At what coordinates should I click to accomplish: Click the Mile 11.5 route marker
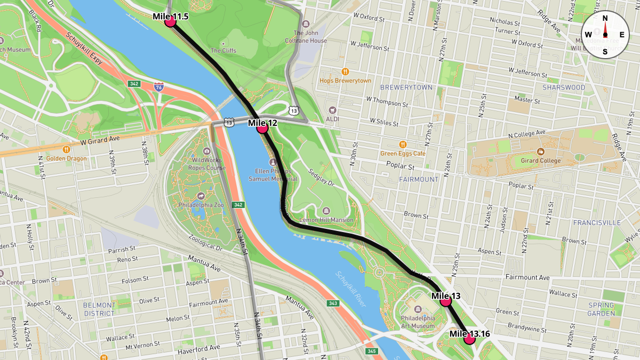coord(171,21)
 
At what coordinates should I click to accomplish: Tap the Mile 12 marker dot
coord(262,127)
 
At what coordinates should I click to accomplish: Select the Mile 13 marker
coord(446,301)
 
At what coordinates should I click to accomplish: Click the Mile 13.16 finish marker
coord(469,339)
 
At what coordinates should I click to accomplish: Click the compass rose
coord(605,35)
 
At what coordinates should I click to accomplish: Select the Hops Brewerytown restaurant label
coord(345,81)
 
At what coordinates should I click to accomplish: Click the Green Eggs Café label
coord(403,154)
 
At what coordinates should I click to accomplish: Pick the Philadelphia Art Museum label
coord(418,322)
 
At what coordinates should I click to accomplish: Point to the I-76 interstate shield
coord(158,86)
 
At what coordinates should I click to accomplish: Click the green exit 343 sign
coord(333,303)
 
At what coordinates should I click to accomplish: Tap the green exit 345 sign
coord(371,351)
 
